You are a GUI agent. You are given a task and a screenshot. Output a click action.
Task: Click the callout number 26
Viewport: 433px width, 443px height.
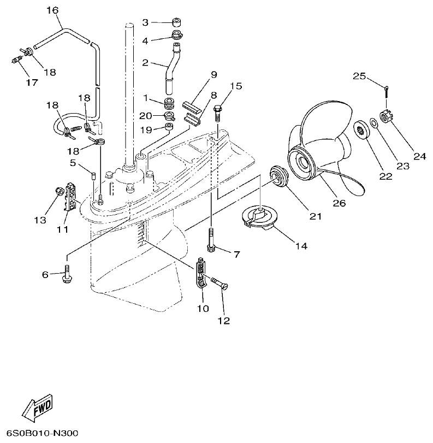[x=339, y=203]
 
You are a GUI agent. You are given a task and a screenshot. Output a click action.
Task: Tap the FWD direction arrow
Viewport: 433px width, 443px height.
[x=37, y=407]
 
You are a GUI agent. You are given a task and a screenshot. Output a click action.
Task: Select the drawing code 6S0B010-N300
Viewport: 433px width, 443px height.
[x=39, y=433]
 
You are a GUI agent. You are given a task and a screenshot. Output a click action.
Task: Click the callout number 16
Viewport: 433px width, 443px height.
[x=52, y=10]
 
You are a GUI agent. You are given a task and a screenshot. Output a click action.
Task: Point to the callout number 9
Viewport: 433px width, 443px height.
[x=213, y=74]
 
